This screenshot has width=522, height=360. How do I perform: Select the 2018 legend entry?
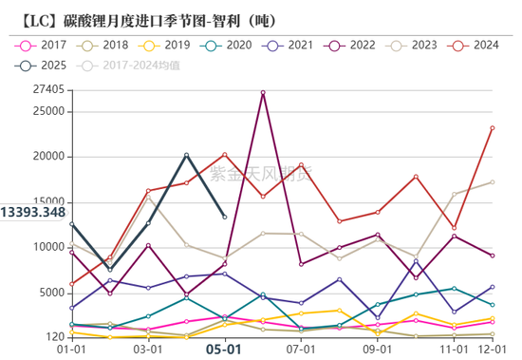[x=107, y=45]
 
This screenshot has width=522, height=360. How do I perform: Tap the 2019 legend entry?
[x=170, y=45]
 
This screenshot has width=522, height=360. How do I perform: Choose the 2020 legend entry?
[x=233, y=45]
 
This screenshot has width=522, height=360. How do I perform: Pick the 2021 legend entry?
[x=295, y=45]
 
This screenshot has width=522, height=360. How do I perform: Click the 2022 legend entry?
[x=358, y=45]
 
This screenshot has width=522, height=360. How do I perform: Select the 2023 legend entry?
[x=420, y=45]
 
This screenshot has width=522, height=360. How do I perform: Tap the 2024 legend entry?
[x=483, y=45]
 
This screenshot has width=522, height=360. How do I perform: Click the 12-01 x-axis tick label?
[x=492, y=350]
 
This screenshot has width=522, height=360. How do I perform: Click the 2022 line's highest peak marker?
[x=263, y=92]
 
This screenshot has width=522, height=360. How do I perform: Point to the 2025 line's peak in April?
[x=186, y=155]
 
